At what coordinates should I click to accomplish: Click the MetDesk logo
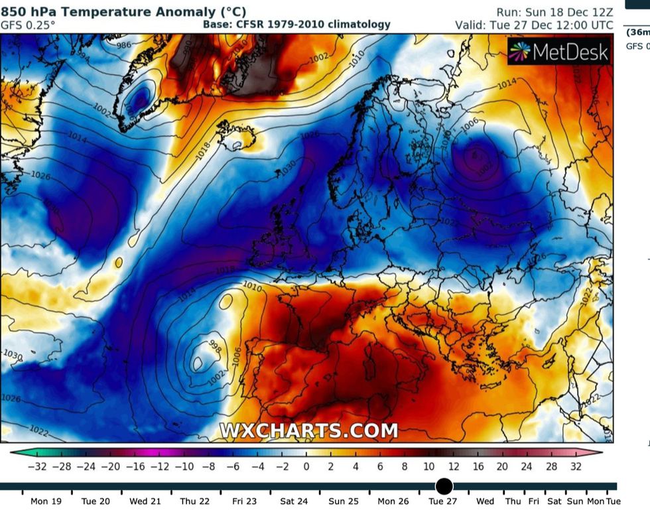pos(558,52)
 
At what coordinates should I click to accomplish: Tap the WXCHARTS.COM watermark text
pos(308,430)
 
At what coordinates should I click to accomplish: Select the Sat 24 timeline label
pos(294,501)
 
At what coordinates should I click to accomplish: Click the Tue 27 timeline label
pos(442,501)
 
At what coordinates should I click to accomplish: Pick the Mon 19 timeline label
pos(46,501)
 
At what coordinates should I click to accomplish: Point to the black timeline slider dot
pos(444,486)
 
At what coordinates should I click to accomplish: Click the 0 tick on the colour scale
pos(306,467)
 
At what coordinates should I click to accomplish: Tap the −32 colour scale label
pos(37,467)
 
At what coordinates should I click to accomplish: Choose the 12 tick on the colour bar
pos(453,467)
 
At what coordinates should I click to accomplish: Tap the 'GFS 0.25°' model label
pos(28,25)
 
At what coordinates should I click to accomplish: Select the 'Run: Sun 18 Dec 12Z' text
pos(554,12)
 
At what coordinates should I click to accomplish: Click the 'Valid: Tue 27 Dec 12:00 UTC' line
pos(534,25)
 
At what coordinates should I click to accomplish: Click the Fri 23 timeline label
pos(245,501)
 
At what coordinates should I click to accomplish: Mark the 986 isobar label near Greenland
pos(124,45)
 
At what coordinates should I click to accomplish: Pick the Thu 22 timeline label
pos(195,501)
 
